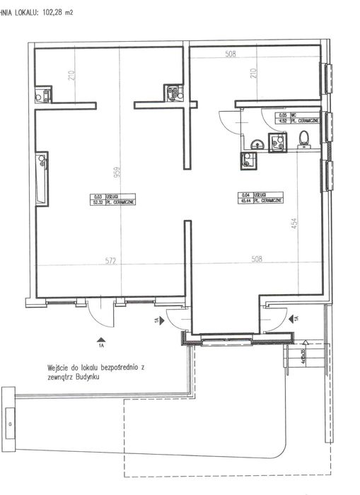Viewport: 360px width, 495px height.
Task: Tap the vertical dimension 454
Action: (x=300, y=226)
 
